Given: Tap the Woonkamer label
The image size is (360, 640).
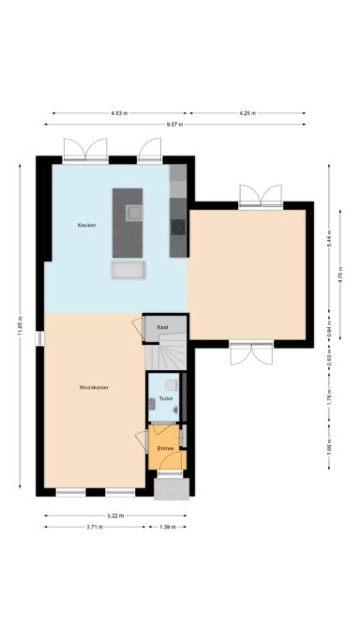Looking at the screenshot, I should tap(95, 387).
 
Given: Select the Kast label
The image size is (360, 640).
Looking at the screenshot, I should tap(162, 328).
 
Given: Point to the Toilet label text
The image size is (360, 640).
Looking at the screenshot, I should tap(165, 399).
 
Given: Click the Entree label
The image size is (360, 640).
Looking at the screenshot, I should tap(166, 449).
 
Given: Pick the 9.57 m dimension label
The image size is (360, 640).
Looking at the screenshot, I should tap(174, 125).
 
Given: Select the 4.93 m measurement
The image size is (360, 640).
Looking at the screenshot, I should tap(118, 113).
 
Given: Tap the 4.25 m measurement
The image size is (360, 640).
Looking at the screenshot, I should tap(247, 113).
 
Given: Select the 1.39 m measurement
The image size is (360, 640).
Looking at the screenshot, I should tap(168, 528).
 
